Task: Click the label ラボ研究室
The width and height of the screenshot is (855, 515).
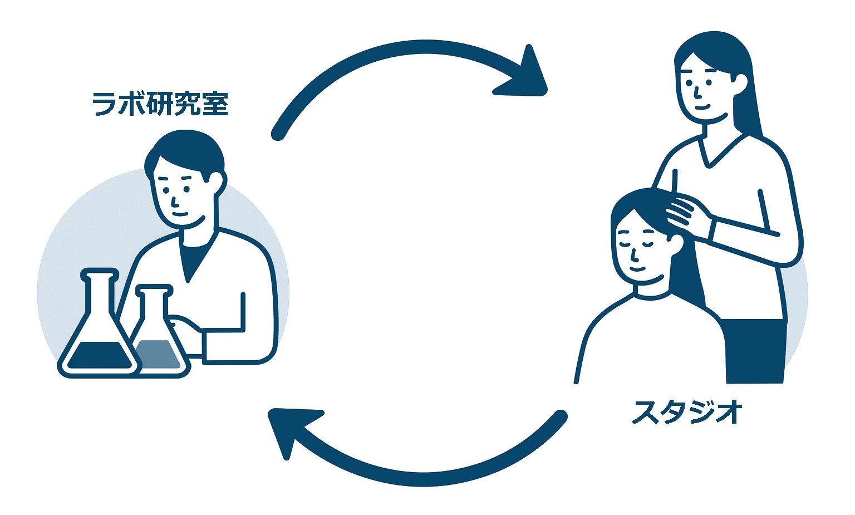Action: click(160, 104)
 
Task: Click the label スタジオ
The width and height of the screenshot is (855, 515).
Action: click(687, 413)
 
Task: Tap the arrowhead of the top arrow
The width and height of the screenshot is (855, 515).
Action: click(527, 75)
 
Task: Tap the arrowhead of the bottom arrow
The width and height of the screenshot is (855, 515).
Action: click(290, 429)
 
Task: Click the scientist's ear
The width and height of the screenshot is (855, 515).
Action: click(217, 180)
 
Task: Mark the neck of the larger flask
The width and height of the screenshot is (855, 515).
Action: click(101, 292)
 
